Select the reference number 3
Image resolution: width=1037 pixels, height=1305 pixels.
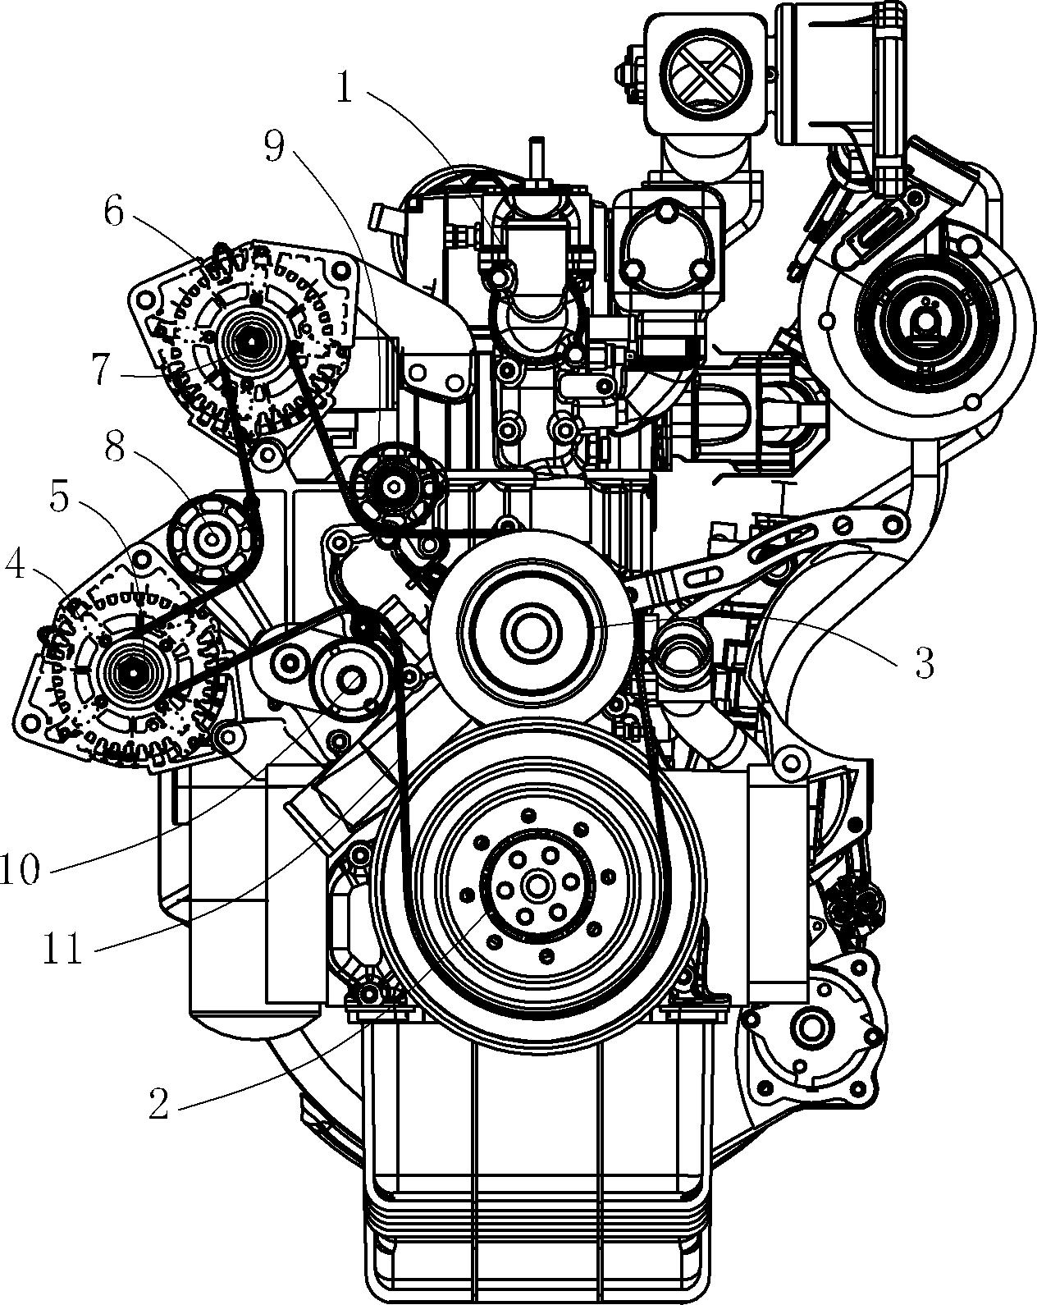924,663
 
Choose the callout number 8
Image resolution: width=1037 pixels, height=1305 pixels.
114,449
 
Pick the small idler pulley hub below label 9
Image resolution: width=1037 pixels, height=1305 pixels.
395,487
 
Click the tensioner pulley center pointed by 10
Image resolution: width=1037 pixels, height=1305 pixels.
350,680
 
